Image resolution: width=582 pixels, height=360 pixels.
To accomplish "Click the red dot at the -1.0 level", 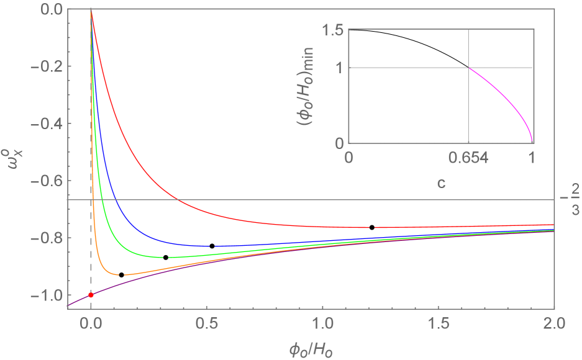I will (91, 295).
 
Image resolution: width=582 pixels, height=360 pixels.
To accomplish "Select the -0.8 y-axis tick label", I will (45, 238).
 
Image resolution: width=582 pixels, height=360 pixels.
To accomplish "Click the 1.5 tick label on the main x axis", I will (438, 323).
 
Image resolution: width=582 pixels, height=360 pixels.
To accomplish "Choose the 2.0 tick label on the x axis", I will (553, 323).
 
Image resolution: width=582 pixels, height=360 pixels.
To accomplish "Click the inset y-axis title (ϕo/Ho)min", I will (308, 86).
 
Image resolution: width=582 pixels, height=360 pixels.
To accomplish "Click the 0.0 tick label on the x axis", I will (91, 323).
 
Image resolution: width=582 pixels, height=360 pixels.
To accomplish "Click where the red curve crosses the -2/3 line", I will (178, 200).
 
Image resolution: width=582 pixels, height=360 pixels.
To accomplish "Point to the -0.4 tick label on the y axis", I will (45, 124).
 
